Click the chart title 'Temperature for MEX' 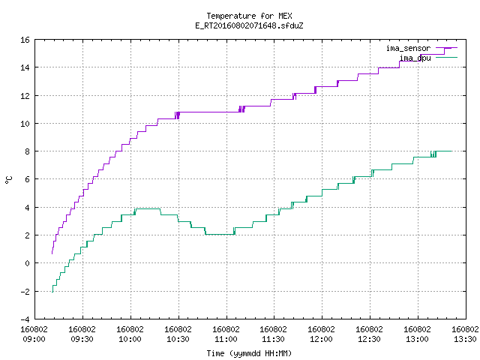pos(249,16)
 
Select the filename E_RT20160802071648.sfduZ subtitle pos(249,25)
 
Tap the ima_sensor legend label pos(408,48)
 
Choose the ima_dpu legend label pos(415,58)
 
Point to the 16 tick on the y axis pos(25,40)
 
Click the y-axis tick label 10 pos(25,124)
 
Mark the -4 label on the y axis pos(25,319)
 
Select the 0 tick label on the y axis pos(27,263)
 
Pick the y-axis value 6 pos(27,179)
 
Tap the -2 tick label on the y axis pos(25,292)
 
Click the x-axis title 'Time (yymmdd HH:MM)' pos(249,353)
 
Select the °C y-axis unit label pos(8,180)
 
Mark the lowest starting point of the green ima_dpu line pos(52,292)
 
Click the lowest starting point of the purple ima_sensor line pos(52,253)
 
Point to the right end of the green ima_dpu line pos(451,151)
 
